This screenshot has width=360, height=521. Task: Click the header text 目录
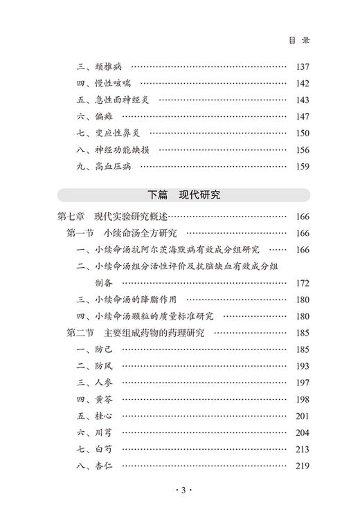point(299,40)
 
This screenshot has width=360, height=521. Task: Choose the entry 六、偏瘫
point(95,116)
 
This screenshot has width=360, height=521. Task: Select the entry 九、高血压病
point(105,166)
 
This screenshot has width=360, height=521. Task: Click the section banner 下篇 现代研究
point(183,195)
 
